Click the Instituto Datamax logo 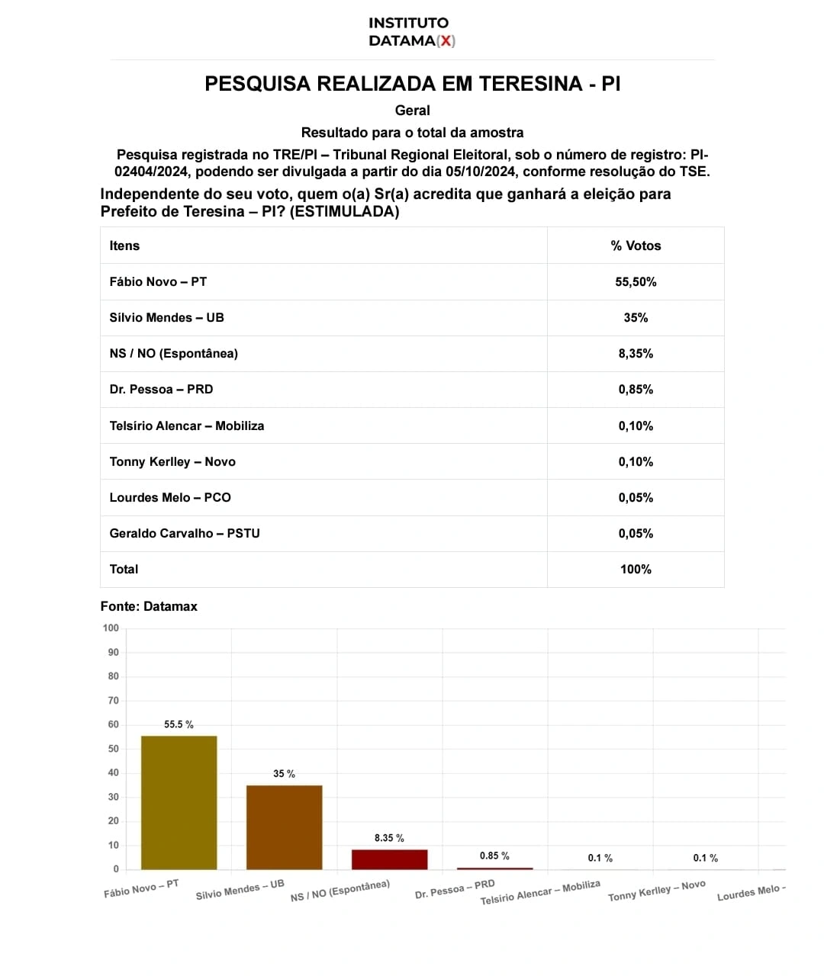411,32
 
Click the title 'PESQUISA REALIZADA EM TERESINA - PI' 412,84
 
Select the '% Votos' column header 636,246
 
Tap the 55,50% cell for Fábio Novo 636,281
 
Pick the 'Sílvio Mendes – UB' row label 166,317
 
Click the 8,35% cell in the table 636,353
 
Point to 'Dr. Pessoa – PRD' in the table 161,389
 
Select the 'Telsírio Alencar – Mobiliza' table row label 186,425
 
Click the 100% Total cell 636,569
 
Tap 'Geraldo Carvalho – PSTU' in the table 184,533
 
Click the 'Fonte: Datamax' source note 149,606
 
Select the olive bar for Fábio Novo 179,802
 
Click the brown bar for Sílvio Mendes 284,827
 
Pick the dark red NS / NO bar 389,859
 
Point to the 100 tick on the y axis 111,628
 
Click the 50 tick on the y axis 114,749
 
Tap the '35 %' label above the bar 284,774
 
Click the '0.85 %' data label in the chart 494,856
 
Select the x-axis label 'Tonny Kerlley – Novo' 656,891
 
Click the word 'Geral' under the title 412,111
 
